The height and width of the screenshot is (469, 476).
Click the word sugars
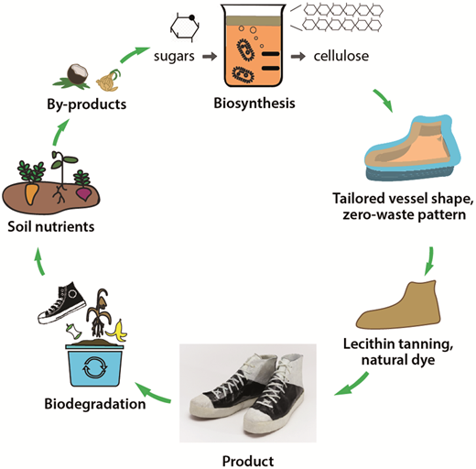[174, 57]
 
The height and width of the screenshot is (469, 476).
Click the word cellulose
[341, 56]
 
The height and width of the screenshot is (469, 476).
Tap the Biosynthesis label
[254, 104]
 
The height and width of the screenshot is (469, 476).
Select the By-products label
[86, 104]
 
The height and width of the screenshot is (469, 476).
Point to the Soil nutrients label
[51, 226]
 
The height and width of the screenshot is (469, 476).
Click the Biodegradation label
[95, 404]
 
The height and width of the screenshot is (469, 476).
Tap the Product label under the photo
[248, 461]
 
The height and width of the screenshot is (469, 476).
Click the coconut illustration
[77, 74]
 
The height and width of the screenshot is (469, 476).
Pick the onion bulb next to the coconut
[108, 81]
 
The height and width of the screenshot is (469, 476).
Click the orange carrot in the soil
[31, 193]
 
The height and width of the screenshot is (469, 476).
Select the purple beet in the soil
[83, 193]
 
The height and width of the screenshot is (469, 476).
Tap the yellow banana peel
[118, 331]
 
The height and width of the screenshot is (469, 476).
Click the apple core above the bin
[73, 332]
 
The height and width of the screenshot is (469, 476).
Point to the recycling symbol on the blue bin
[95, 367]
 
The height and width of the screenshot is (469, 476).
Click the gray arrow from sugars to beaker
[210, 56]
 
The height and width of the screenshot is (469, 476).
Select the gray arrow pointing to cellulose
[298, 57]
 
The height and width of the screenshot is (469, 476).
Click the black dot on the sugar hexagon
[191, 17]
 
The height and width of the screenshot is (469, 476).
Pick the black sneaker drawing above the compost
[61, 303]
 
